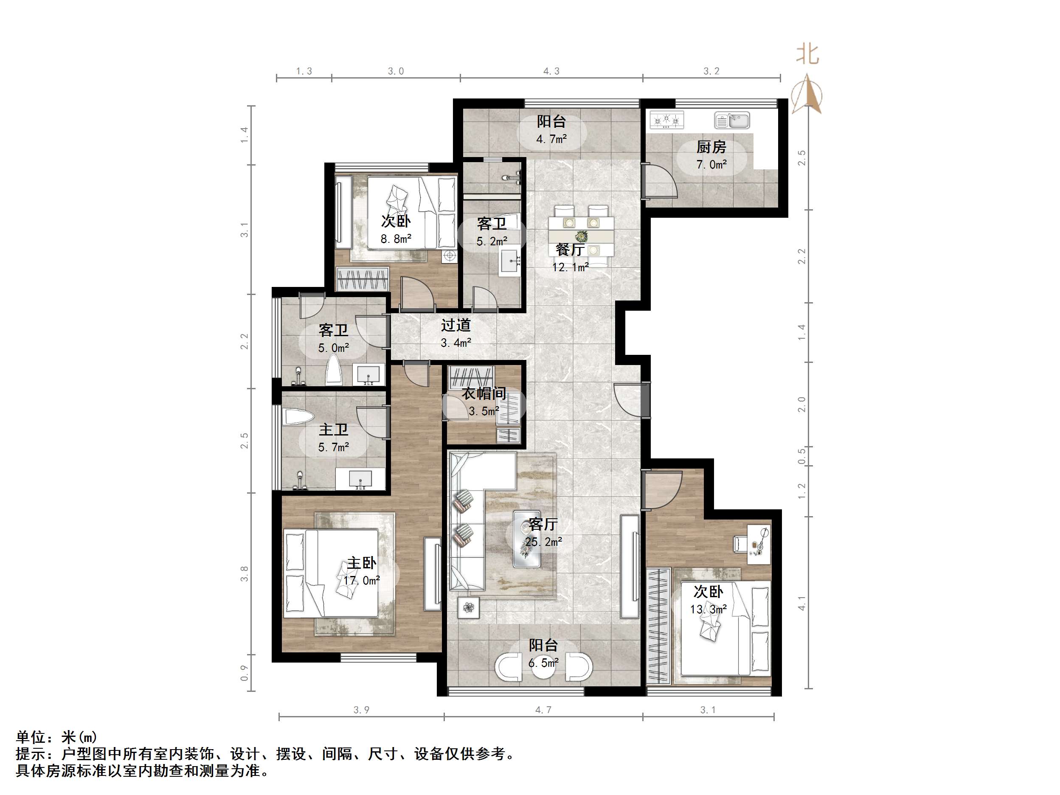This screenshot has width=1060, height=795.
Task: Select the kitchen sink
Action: [x=732, y=120]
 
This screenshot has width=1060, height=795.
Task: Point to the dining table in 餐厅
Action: [x=581, y=237]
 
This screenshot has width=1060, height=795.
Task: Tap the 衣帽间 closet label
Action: [x=484, y=393]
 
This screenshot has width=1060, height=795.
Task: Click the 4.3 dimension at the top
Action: [x=551, y=71]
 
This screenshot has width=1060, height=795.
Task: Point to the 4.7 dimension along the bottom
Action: [x=543, y=710]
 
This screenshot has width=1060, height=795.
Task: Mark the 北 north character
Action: [x=807, y=54]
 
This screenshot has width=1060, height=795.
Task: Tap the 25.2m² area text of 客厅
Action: [x=543, y=542]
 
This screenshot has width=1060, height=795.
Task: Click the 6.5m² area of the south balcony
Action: [x=543, y=663]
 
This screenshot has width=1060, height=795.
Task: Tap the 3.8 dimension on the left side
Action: [x=245, y=573]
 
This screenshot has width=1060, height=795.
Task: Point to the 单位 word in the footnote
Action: [x=31, y=736]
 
